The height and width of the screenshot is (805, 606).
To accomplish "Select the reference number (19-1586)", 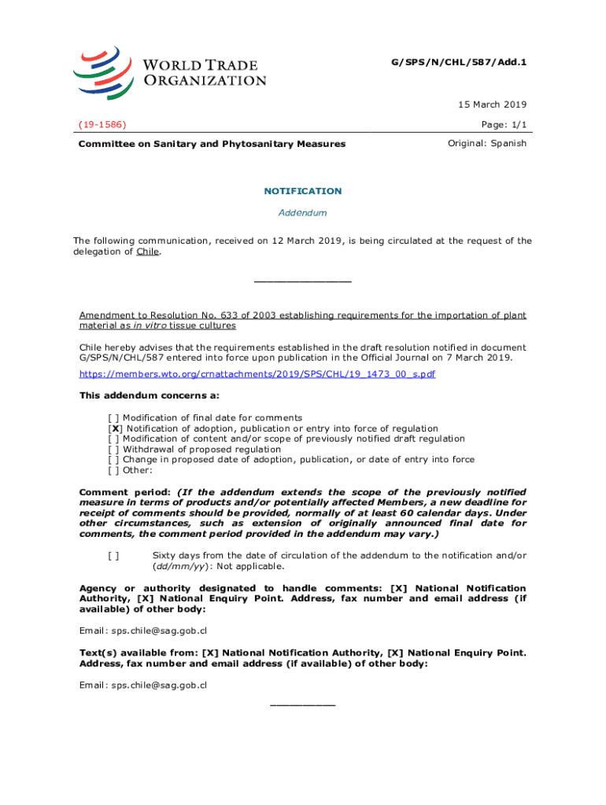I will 103,124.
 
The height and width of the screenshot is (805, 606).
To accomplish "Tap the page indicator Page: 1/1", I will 501,124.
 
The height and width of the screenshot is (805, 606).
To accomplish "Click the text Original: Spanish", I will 487,143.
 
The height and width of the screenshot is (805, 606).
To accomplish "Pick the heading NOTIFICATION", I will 303,191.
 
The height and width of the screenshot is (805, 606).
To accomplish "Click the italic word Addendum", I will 303,213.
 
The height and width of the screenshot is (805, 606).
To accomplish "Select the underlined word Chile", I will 147,252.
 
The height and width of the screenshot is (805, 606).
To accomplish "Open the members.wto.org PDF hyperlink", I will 257,374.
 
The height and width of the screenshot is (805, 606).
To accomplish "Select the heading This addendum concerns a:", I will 150,395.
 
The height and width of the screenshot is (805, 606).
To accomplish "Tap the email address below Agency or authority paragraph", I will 143,630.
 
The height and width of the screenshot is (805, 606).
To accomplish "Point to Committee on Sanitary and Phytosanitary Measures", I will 211,144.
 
